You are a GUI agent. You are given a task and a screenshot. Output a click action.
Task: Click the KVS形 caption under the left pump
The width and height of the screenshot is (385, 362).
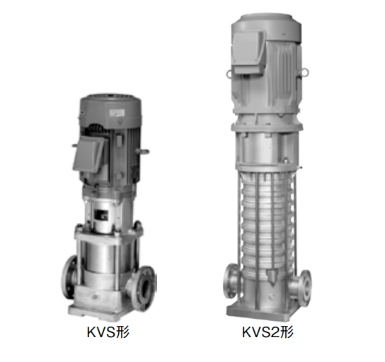108,332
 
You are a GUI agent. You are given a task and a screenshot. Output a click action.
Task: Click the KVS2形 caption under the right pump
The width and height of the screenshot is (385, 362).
268,332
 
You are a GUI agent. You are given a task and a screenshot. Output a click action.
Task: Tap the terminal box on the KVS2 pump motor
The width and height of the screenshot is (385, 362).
248,52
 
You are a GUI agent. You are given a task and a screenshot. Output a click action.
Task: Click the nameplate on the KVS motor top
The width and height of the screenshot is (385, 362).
117,113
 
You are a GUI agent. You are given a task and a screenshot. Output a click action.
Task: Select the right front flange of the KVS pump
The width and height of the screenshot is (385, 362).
144,288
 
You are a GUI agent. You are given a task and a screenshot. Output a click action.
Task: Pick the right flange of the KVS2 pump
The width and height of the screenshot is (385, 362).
304,288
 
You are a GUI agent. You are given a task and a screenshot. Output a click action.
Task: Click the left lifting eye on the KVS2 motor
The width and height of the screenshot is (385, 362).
229,73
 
